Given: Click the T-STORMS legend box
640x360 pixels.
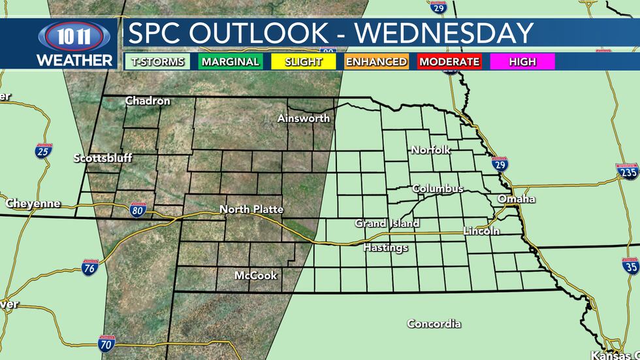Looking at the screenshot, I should (x=158, y=62).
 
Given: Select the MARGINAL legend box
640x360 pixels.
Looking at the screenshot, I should (x=231, y=62).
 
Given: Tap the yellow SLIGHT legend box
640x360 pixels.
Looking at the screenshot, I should (x=304, y=62).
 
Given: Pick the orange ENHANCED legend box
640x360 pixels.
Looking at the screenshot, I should (x=376, y=62).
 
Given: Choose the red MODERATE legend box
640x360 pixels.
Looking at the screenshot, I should (x=449, y=62).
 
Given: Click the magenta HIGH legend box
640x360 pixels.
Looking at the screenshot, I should (x=522, y=62).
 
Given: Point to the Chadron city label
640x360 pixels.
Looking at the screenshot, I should (x=148, y=101).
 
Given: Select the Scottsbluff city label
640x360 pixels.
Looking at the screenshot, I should (x=103, y=158).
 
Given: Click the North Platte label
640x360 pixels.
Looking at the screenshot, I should (x=251, y=209).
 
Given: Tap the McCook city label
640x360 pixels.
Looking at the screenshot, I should (x=255, y=276).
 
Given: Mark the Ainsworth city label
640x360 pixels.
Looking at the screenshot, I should (x=303, y=118).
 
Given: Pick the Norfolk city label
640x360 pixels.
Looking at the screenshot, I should (x=430, y=150).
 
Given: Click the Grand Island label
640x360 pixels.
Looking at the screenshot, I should (x=387, y=223).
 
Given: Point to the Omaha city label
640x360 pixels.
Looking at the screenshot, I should (x=516, y=199).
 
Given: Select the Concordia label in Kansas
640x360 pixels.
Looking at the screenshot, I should (x=434, y=323).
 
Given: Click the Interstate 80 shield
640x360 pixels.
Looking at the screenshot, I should (x=137, y=210).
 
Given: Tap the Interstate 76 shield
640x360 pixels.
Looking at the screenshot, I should (x=90, y=267).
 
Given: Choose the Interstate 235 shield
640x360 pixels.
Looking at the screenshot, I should (x=627, y=171).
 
